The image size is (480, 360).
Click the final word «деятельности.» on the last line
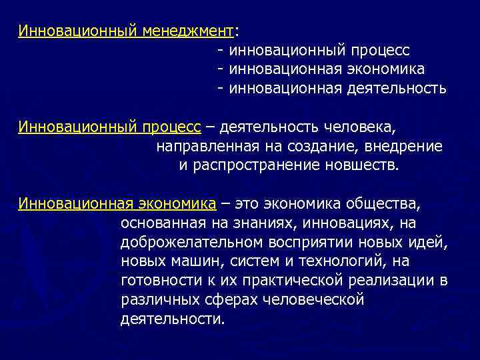tap(173, 319)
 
